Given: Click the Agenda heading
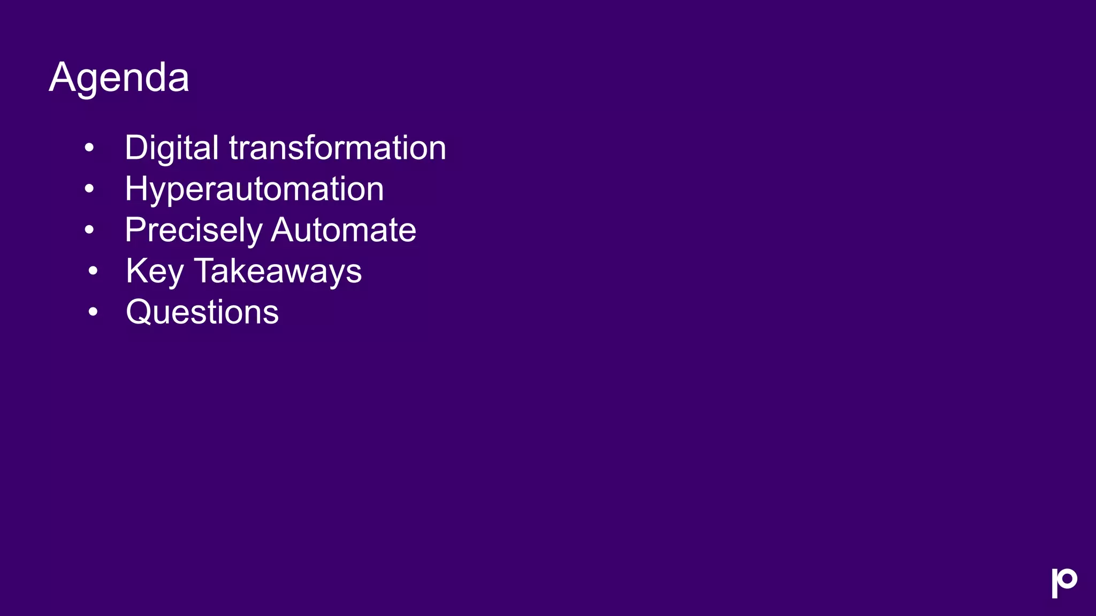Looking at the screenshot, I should click(119, 78).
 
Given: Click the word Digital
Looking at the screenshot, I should click(171, 148).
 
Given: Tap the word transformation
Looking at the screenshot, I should click(338, 148).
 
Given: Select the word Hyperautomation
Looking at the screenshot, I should click(254, 189).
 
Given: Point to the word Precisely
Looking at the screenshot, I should click(193, 230).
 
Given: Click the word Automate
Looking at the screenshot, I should click(344, 230).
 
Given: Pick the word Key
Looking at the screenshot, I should click(155, 272).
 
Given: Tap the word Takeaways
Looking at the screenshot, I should click(278, 272).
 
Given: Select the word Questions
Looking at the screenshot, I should click(202, 312).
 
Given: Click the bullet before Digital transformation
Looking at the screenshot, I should click(89, 147).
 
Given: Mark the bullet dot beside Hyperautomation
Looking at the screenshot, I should click(89, 188).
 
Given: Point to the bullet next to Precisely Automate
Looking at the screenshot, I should click(89, 229).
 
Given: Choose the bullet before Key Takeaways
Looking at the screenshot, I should click(93, 271).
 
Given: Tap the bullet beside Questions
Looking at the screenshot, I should click(93, 311).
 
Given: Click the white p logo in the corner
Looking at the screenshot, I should click(1064, 583).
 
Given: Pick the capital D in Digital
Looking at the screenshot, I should click(136, 148).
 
